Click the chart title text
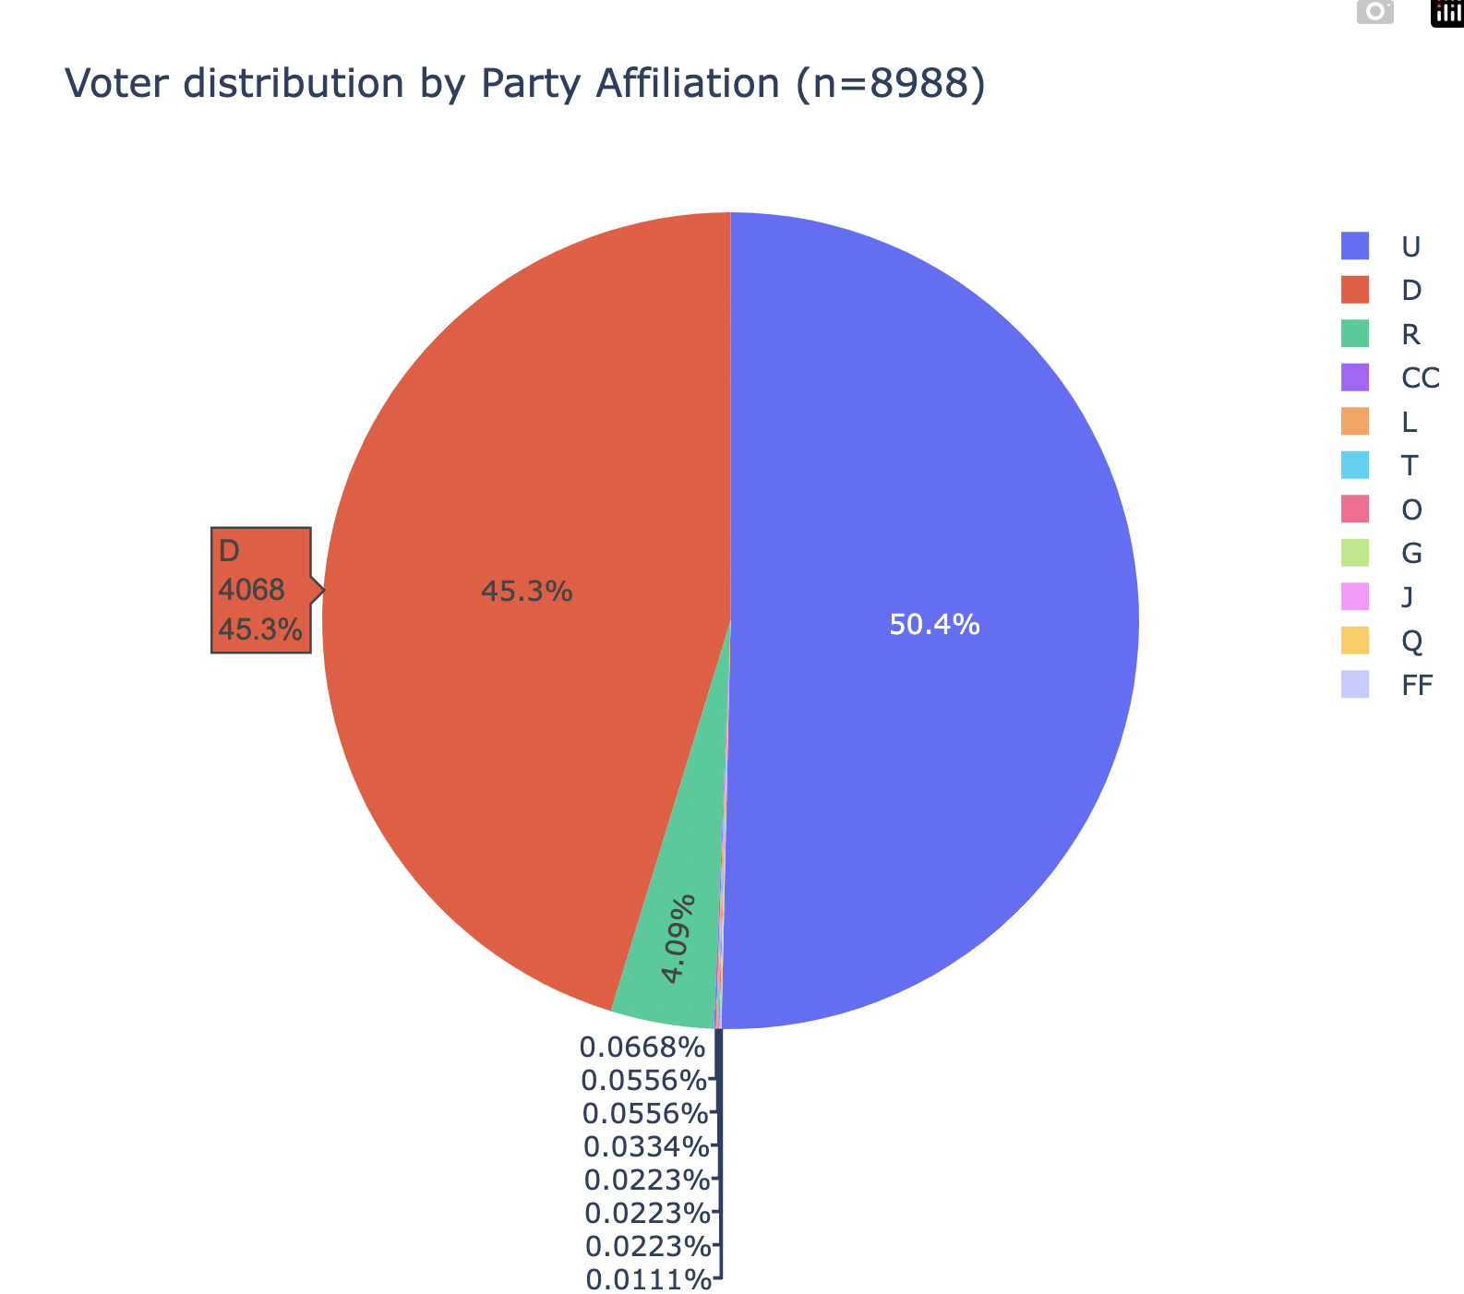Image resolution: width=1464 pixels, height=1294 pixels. point(524,85)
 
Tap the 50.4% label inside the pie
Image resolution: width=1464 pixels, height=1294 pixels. point(934,626)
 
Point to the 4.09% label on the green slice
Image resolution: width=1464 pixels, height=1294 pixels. point(679,939)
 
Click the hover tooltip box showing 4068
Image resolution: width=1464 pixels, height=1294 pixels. point(260,591)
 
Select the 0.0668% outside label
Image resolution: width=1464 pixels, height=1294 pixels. point(642,1048)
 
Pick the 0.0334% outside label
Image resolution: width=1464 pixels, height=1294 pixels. point(646,1148)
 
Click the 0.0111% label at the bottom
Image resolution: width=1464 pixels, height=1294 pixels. point(649,1281)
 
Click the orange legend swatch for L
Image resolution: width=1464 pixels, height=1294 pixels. point(1355,422)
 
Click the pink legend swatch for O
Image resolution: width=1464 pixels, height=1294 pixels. point(1355,509)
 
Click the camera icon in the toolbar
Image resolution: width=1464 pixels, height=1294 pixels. point(1375,12)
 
